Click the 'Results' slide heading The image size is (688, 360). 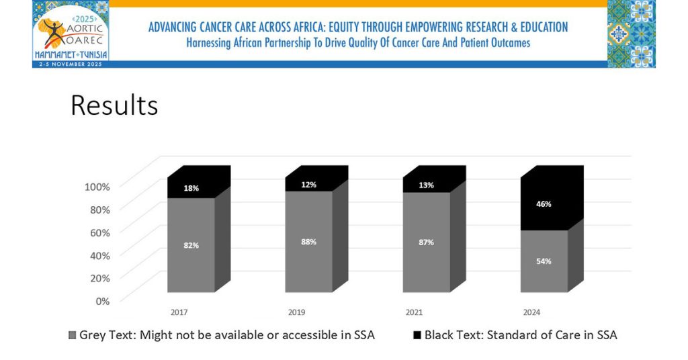point(114,105)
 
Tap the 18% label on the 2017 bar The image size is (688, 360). point(191,188)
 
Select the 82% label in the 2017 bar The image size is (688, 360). point(191,245)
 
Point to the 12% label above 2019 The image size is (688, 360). point(309,185)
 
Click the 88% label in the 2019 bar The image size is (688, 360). point(309,241)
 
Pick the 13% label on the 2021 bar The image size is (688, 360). point(427,185)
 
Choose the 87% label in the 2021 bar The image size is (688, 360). point(427,242)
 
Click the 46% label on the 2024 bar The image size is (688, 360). point(544,204)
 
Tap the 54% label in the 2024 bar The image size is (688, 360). point(544,261)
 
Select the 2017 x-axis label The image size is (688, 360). point(179,312)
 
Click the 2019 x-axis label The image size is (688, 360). point(296,312)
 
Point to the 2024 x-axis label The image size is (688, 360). point(531,312)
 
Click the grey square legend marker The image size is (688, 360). point(73,334)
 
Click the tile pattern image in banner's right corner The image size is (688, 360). point(631,33)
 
